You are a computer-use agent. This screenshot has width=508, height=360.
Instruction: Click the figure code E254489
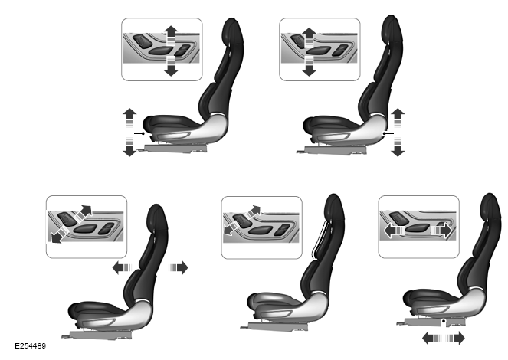click(31, 346)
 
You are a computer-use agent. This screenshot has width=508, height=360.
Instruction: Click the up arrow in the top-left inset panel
click(171, 35)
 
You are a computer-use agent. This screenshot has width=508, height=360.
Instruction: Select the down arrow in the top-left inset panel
click(171, 66)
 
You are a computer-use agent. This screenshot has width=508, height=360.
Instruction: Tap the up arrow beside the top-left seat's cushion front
click(129, 118)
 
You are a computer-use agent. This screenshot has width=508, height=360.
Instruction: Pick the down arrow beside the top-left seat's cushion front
click(129, 146)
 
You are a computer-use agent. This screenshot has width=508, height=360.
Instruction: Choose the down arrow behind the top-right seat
click(398, 146)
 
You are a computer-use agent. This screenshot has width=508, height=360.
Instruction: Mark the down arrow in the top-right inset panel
click(309, 66)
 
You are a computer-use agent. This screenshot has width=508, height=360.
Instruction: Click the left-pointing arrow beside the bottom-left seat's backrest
click(122, 268)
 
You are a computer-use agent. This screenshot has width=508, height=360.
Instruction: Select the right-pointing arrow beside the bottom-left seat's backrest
click(179, 268)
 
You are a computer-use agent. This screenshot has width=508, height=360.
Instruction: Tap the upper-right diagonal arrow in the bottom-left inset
click(83, 214)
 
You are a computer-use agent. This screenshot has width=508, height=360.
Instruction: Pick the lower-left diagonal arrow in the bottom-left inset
click(59, 234)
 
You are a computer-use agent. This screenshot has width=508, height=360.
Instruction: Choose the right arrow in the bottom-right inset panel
click(441, 231)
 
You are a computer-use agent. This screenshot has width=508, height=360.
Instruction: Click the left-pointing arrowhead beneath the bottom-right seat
click(428, 339)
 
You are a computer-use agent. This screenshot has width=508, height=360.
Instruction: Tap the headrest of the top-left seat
click(233, 32)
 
